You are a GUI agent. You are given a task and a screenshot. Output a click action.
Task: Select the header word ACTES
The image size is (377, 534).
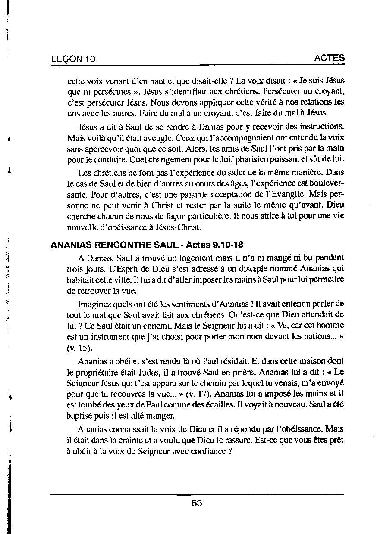click(x=330, y=58)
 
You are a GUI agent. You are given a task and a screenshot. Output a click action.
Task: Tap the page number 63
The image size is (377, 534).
click(x=197, y=503)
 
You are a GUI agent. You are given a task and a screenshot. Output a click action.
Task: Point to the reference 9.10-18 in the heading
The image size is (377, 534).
click(x=228, y=245)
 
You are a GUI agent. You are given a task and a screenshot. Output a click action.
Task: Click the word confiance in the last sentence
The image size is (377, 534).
click(x=207, y=451)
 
